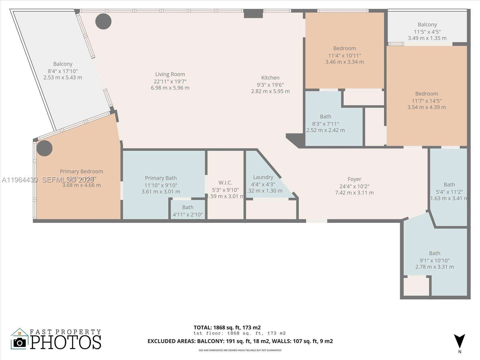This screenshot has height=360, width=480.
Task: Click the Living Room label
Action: pos(170,74)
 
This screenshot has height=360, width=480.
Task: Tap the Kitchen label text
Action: pos(270,78)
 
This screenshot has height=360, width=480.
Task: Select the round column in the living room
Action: pos(103,21)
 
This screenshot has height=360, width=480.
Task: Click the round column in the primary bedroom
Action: pos(44,148)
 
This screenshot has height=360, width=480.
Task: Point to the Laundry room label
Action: pos(263,177)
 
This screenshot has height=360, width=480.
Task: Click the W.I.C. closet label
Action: pos(225,183)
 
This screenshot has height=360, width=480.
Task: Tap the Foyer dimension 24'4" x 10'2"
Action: pos(354,186)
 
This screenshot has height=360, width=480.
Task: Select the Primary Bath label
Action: pos(161,178)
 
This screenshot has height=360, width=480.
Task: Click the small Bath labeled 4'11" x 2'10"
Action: pos(188,208)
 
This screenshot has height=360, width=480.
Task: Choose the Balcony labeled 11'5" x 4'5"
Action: pos(427,25)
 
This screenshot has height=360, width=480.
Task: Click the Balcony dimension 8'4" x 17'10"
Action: pos(63,71)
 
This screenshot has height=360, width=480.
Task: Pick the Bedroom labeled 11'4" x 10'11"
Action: pos(344,48)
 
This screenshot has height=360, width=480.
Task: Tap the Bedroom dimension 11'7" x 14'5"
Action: pos(426,101)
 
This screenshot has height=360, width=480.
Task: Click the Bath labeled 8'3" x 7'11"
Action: pos(325,117)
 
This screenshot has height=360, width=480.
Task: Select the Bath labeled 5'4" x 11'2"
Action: pos(449,185)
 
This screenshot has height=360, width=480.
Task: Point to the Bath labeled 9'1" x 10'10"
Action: pos(434,253)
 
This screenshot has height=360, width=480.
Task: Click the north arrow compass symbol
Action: pos(459,341)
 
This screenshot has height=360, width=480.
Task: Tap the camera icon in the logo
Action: pos(20,342)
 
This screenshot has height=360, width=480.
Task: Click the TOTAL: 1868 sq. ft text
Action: pos(227,328)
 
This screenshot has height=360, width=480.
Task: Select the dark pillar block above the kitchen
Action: pos(253,13)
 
